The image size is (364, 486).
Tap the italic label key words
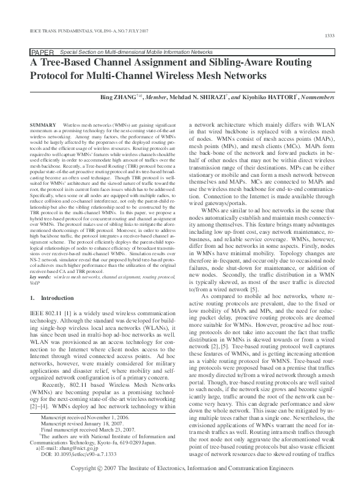pos(41,277)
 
